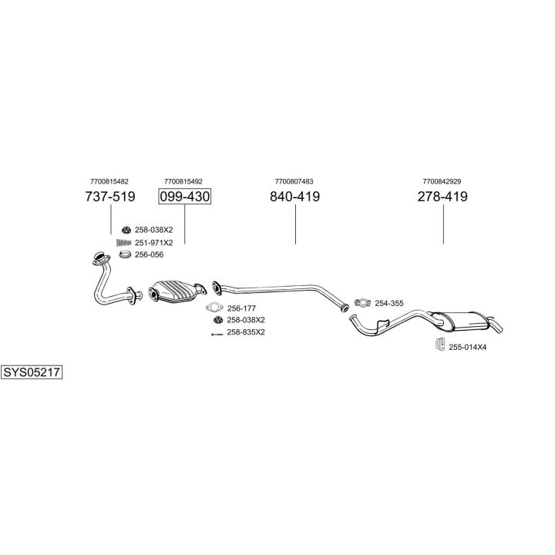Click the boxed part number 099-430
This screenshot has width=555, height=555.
click(184, 197)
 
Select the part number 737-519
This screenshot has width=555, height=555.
click(109, 197)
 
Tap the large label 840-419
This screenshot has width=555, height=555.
click(294, 197)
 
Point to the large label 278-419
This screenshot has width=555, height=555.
click(442, 197)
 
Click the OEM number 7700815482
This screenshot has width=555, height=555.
click(109, 181)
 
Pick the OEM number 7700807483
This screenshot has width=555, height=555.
click(294, 181)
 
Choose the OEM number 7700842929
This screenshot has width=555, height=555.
click(442, 181)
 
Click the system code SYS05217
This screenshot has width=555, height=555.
click(32, 372)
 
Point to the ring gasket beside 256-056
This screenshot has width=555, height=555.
click(125, 254)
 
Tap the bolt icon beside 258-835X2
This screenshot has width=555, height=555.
click(216, 332)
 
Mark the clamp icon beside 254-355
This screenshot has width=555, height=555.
click(363, 303)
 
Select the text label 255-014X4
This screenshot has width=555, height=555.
click(468, 347)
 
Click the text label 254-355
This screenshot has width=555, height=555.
click(390, 304)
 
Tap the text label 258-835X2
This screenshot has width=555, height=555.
click(246, 332)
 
